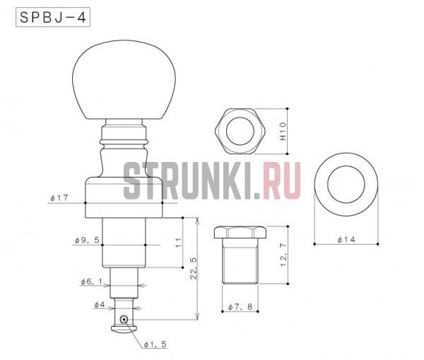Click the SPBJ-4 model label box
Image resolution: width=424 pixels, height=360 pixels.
click(x=53, y=17)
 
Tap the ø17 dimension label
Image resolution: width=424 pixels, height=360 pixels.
click(x=59, y=198)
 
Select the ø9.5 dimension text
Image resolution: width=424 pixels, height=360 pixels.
click(x=87, y=240)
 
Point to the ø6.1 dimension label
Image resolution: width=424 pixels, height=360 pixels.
click(x=91, y=281)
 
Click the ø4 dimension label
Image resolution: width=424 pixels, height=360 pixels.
click(x=99, y=305)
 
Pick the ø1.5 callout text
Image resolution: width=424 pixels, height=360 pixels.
click(x=155, y=344)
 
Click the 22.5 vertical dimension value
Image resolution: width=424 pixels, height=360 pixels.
click(x=194, y=269)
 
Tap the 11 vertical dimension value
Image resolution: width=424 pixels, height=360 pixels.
click(x=179, y=243)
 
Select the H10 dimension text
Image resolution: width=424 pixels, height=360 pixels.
click(x=283, y=131)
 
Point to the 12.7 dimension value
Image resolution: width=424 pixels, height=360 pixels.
click(x=283, y=255)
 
